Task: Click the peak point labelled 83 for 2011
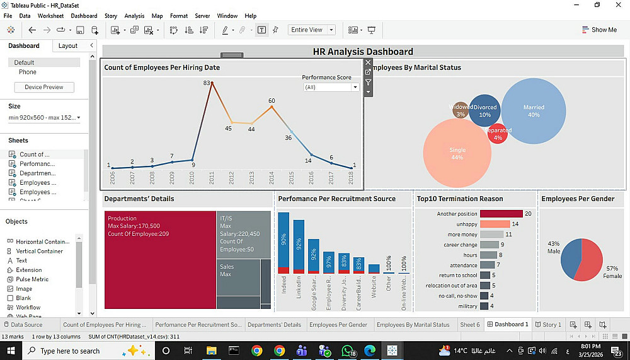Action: (212, 83)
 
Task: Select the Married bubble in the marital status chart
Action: (534, 111)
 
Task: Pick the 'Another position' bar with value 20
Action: (501, 214)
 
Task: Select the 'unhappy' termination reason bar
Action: (495, 224)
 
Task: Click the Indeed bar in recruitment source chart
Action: (283, 243)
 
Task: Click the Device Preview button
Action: (44, 87)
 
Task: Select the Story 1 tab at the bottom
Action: (548, 325)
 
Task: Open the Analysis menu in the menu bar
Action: (134, 16)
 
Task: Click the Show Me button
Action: (599, 30)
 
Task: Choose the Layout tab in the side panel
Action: (68, 46)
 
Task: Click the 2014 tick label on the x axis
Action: (272, 178)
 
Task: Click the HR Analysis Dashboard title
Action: (363, 52)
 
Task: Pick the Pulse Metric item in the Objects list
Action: (32, 279)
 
